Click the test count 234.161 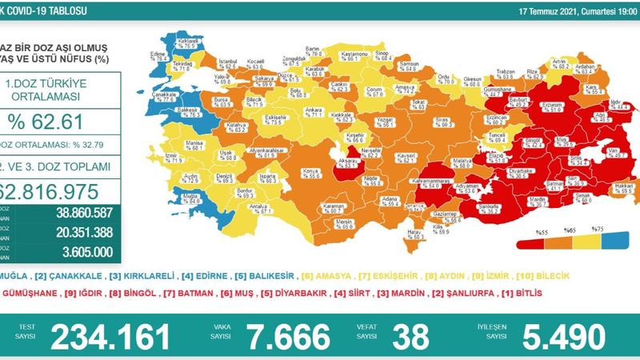point(111,337)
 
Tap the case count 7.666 point(287,337)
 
